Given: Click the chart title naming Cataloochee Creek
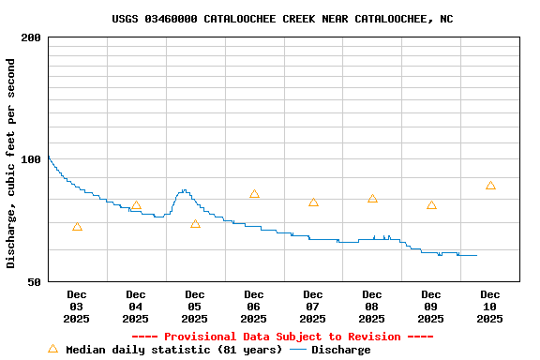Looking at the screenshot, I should point(282,19).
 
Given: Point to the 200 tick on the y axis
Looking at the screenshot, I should point(31,37).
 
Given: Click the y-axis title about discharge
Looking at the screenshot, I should point(11,163).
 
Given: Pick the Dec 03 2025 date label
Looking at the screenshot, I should point(76,307).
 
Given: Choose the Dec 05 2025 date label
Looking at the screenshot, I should point(194,307).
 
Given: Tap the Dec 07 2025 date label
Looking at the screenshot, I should point(312,307).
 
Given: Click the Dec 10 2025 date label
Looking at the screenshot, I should point(489,307).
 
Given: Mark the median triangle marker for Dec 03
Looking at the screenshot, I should point(77,227).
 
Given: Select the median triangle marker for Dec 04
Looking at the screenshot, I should point(136,205).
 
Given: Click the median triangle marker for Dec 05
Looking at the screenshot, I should point(195,224).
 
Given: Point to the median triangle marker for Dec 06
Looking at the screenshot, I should point(254,194).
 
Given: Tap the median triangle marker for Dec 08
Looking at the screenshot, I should point(372,199).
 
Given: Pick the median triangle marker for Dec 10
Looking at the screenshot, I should point(490,186).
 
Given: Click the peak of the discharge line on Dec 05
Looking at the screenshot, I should point(184,190).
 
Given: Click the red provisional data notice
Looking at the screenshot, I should point(282,337).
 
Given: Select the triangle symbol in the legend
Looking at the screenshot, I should point(52,349).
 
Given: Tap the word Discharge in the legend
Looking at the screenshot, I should point(340,350).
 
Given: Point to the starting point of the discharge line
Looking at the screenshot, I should point(48,156).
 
